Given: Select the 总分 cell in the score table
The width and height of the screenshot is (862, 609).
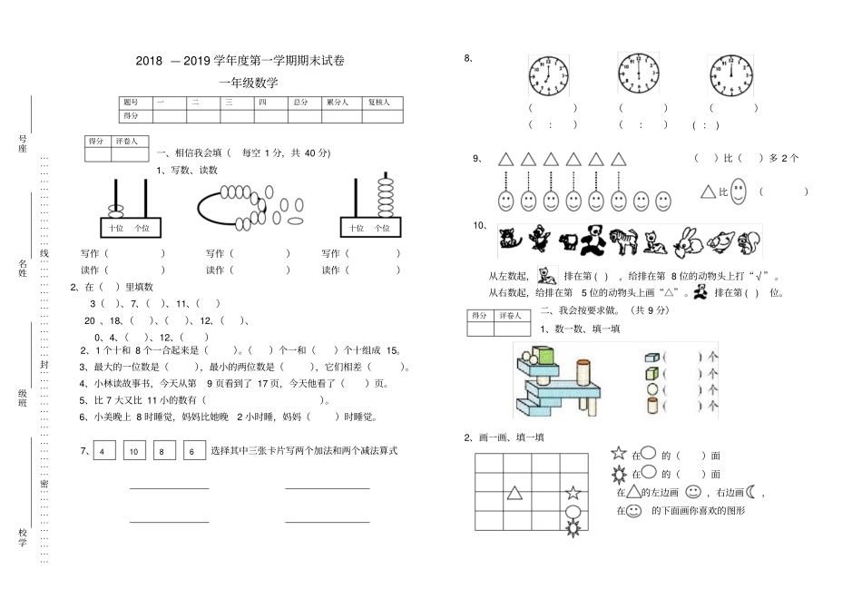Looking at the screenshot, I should click(x=300, y=103).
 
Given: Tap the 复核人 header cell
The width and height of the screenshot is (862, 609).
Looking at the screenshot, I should click(x=378, y=103).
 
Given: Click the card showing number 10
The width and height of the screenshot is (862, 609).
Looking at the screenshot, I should click(x=132, y=451).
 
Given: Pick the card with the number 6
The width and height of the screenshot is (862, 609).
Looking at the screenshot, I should click(x=194, y=451).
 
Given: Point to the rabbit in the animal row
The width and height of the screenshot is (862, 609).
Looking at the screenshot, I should click(x=689, y=242).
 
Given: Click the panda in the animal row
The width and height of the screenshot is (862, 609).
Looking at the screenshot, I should click(x=594, y=241).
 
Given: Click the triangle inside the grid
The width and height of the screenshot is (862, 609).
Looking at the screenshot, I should click(x=514, y=493).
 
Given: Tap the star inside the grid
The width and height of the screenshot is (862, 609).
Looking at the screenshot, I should click(x=573, y=494).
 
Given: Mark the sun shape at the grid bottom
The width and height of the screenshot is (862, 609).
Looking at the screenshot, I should click(x=573, y=526).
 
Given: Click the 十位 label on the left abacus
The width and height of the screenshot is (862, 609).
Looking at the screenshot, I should click(x=115, y=228).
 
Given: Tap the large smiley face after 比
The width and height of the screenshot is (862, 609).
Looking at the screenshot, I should click(x=739, y=191).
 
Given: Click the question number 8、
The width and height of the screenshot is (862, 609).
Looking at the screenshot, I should click(x=468, y=58).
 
